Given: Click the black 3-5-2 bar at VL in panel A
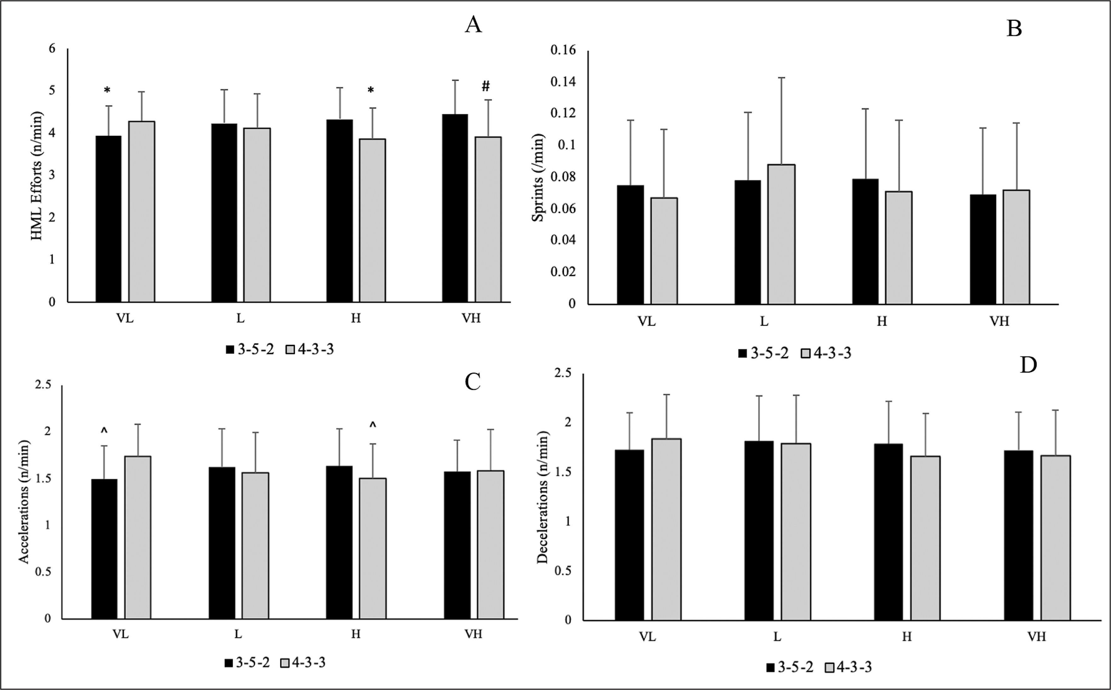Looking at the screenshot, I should [x=109, y=219].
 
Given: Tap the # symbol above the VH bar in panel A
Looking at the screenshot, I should [x=486, y=86].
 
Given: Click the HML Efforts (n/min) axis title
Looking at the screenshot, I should [x=37, y=176].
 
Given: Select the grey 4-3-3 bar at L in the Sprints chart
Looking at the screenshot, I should [x=781, y=234].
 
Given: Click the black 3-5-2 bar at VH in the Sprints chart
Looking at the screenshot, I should [x=983, y=249].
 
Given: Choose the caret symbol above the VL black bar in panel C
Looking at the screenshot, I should [x=104, y=430].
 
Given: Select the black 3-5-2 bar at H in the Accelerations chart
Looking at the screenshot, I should [x=339, y=542].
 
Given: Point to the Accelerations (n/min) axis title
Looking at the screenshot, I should [x=24, y=502].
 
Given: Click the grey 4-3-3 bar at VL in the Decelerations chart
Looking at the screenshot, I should [x=666, y=529].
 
